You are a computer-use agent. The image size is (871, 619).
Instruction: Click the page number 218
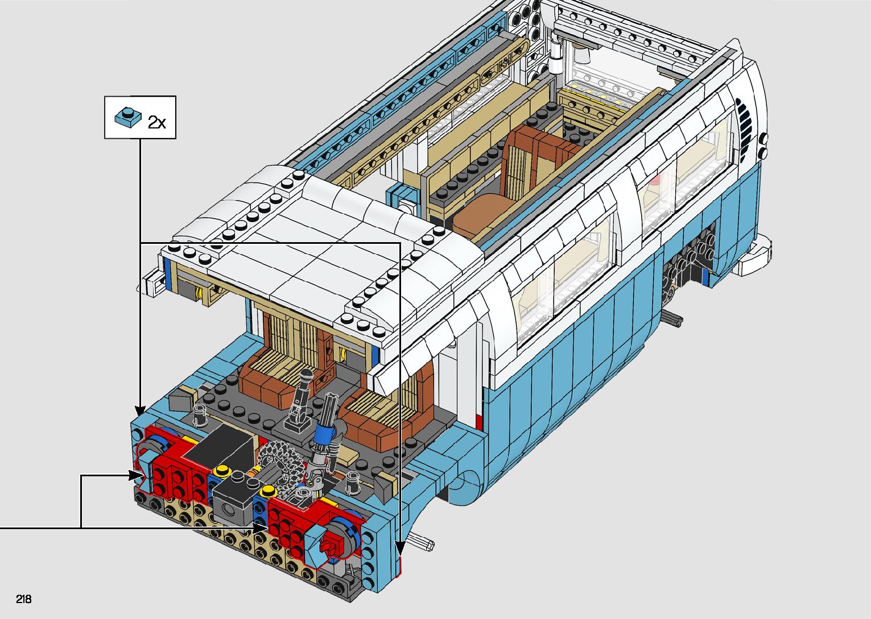click(x=24, y=599)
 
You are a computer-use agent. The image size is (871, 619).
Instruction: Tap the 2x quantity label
click(x=156, y=122)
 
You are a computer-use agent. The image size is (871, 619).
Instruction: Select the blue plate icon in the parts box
click(x=128, y=117)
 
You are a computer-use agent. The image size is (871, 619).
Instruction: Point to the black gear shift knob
click(x=306, y=375)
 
